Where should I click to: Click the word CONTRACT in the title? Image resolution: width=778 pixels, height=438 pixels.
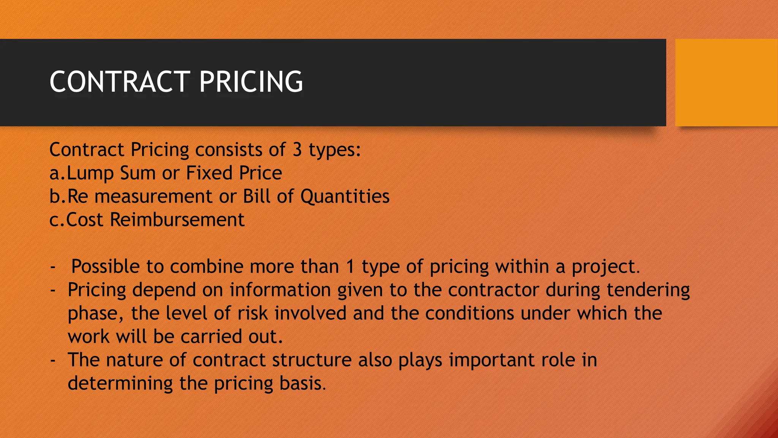click(x=120, y=82)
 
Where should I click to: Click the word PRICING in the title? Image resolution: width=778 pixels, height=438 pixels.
click(x=251, y=82)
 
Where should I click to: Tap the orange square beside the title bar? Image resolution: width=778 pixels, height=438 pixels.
click(x=726, y=83)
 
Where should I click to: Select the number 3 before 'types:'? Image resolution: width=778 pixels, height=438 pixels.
click(x=297, y=150)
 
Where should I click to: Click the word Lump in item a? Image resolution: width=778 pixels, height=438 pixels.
click(x=90, y=173)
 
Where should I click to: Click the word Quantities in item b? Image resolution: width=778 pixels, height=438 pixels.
click(x=345, y=197)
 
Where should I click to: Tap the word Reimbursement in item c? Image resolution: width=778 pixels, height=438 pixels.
click(x=177, y=220)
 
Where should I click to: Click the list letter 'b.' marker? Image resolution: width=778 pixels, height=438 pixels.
click(x=57, y=197)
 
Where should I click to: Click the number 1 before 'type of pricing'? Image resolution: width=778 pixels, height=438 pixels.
click(x=350, y=267)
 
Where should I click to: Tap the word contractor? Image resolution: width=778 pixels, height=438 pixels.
click(x=493, y=290)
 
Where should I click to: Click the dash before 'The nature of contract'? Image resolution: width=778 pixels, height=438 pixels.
click(x=53, y=360)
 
